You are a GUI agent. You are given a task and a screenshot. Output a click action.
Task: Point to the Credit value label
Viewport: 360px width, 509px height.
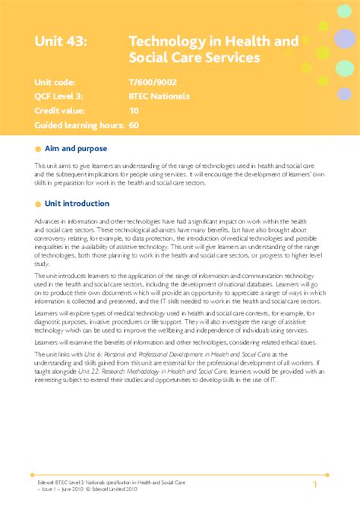pyautogui.click(x=62, y=110)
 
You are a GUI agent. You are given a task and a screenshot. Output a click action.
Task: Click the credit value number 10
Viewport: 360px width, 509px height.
pyautogui.click(x=134, y=110)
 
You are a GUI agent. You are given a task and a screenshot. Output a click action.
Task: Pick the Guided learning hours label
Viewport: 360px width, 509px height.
pyautogui.click(x=78, y=124)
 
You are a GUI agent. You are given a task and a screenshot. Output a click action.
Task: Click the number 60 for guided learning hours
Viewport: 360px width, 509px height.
pyautogui.click(x=134, y=124)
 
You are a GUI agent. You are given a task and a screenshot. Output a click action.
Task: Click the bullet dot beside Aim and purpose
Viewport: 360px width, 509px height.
pyautogui.click(x=39, y=149)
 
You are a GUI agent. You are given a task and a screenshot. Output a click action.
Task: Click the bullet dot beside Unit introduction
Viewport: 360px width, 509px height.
pyautogui.click(x=39, y=204)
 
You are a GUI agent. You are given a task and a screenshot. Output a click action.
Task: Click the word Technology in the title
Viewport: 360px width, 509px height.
pyautogui.click(x=166, y=43)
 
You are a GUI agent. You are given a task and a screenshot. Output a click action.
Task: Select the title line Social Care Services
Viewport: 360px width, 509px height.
pyautogui.click(x=194, y=58)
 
